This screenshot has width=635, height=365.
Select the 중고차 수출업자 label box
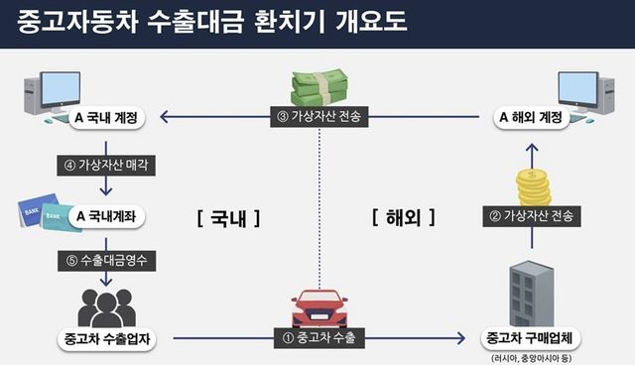coord(107,338)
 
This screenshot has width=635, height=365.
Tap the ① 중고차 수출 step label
coord(318,338)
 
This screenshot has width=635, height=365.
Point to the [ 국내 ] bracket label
coord(229,216)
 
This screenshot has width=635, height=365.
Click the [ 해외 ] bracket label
coord(404,216)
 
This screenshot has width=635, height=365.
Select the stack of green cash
coord(317,86)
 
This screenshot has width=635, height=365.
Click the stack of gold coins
coord(534,186)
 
